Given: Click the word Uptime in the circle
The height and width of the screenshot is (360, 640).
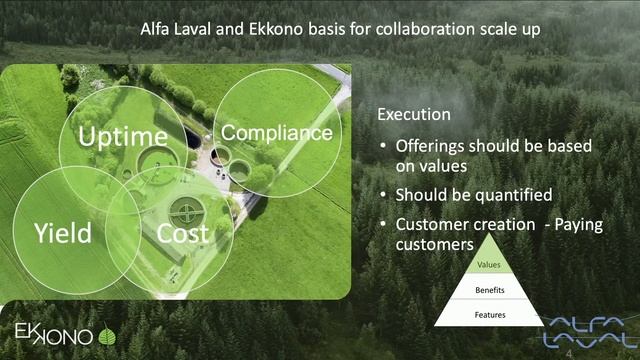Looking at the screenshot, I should (123, 137).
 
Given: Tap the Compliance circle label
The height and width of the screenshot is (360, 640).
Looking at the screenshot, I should (276, 132).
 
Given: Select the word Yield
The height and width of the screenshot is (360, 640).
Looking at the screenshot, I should (62, 234).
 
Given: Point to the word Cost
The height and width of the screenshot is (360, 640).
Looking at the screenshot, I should (183, 234).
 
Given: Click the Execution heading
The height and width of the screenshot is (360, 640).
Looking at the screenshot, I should (413, 115).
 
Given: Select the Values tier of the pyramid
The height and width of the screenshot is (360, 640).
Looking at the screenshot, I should (489, 265).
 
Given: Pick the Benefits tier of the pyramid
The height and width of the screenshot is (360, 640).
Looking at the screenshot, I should (489, 290).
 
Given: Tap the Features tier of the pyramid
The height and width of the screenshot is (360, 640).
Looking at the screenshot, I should (489, 315).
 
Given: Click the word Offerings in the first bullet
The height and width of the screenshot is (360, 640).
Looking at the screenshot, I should (431, 146).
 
